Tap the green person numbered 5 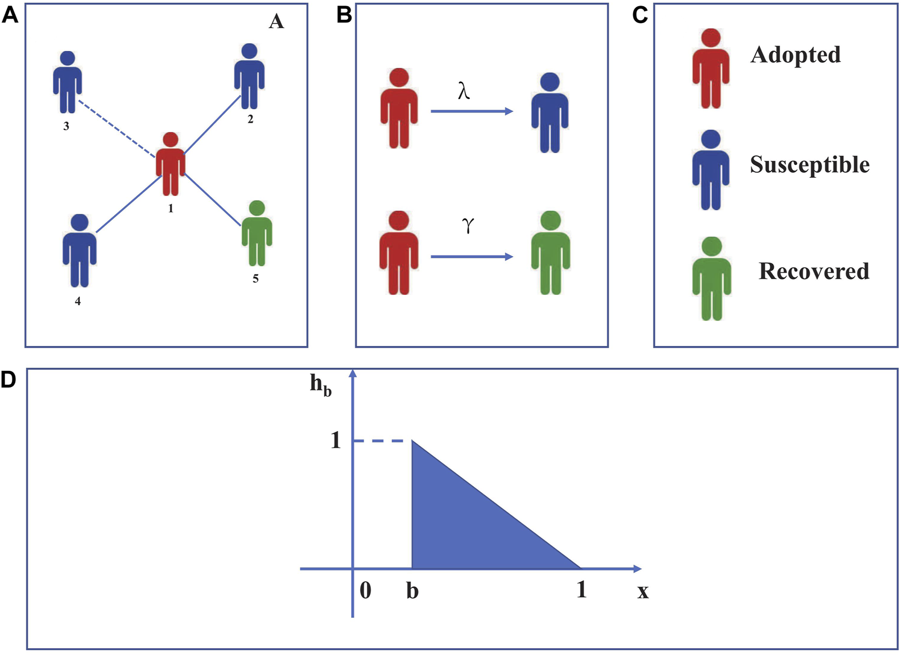pos(257,232)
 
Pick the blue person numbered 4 pos(79,250)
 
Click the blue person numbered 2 pos(249,76)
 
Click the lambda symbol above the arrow pos(464,90)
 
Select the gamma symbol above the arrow pos(468,225)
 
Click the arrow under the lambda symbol pos(472,111)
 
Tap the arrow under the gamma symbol pos(472,257)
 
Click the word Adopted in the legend pos(796,55)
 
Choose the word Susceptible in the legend pos(810,165)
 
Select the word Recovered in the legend pos(814,271)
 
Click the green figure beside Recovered pos(712,278)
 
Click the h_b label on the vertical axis pos(321,385)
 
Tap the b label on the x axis pos(412,591)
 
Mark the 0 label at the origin pos(365,590)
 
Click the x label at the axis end pos(643,591)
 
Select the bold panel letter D pos(8,380)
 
